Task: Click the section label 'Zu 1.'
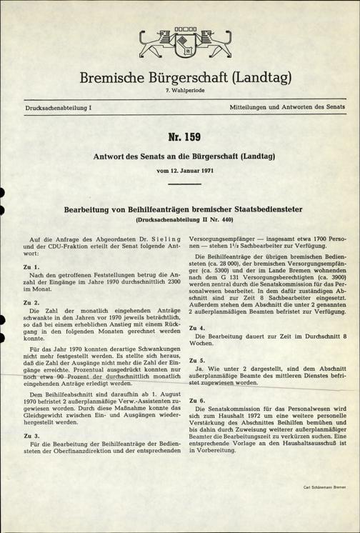(31, 266)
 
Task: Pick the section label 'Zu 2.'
(31, 303)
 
